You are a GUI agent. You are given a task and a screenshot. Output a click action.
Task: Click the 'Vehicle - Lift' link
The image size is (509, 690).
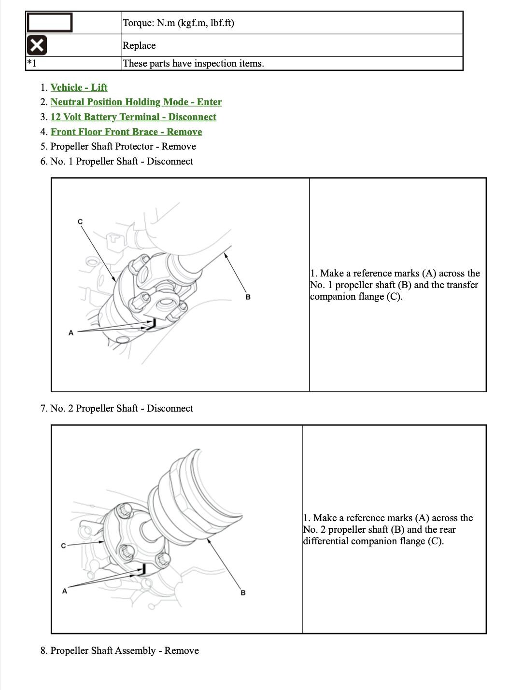tap(79, 87)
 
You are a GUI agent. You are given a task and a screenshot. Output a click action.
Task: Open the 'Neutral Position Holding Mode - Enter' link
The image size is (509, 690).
tap(136, 102)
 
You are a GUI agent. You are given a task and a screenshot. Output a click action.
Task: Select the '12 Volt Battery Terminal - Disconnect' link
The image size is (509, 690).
tap(133, 117)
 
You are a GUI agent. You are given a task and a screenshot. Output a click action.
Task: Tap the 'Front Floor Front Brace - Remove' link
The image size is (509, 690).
tap(126, 132)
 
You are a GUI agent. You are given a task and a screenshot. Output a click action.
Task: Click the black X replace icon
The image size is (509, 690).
tap(37, 45)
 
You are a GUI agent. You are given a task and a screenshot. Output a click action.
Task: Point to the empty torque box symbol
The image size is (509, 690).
tap(49, 22)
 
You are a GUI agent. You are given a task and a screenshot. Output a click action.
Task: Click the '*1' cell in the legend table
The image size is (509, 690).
tap(32, 63)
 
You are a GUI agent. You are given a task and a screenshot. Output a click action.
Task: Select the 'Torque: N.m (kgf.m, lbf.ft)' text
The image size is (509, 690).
tap(178, 23)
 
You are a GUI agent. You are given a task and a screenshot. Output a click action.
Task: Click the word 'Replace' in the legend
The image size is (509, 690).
tap(139, 46)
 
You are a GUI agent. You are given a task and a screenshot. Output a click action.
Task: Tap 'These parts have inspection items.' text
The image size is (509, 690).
tap(193, 64)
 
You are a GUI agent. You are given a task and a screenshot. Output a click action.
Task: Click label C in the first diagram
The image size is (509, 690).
tap(80, 221)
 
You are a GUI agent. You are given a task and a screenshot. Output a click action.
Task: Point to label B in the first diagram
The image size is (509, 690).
tap(248, 297)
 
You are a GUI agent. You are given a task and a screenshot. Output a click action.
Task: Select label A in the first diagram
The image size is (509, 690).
tap(71, 332)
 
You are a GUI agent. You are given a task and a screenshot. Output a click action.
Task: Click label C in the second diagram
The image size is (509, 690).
tap(63, 546)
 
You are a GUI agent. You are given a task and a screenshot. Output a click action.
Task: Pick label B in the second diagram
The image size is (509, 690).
tap(243, 593)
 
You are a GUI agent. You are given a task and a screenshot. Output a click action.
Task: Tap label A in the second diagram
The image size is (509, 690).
tap(65, 591)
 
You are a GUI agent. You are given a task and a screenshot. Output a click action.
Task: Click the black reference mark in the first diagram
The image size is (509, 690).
tap(152, 325)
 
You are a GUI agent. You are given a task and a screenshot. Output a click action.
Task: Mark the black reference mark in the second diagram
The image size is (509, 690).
tap(142, 570)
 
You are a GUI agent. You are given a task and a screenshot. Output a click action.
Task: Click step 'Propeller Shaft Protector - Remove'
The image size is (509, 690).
tap(123, 147)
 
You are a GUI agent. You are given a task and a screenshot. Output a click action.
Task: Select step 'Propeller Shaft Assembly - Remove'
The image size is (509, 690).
tap(124, 651)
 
